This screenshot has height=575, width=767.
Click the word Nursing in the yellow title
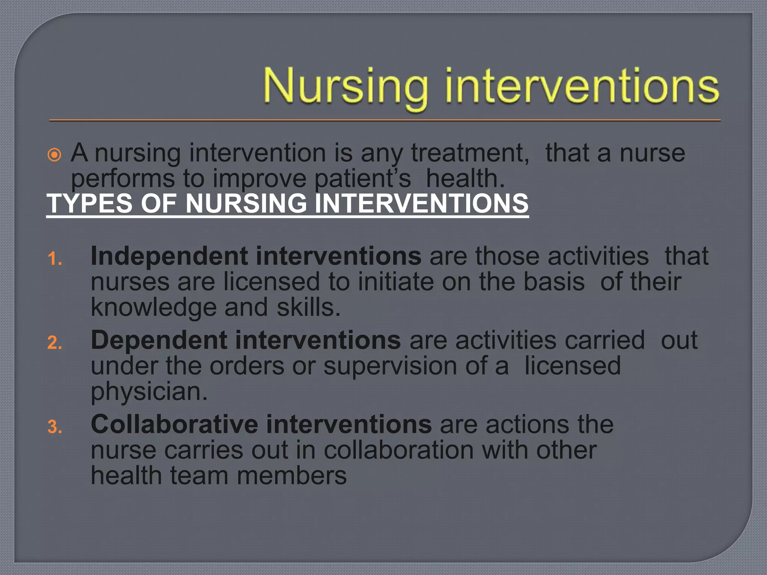pyautogui.click(x=345, y=87)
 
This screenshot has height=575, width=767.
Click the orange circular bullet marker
pyautogui.click(x=55, y=155)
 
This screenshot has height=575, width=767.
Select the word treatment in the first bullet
pyautogui.click(x=470, y=153)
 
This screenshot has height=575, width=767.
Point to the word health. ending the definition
pyautogui.click(x=465, y=179)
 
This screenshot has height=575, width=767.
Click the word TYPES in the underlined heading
pyautogui.click(x=90, y=203)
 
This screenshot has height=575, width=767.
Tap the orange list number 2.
pyautogui.click(x=55, y=343)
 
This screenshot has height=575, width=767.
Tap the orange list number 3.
pyautogui.click(x=55, y=427)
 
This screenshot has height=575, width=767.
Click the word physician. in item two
pyautogui.click(x=149, y=392)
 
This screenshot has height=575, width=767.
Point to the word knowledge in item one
pyautogui.click(x=154, y=308)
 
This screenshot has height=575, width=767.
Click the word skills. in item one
pyautogui.click(x=309, y=308)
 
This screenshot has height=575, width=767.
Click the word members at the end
pyautogui.click(x=292, y=476)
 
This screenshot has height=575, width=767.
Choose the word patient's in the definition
pyautogui.click(x=363, y=179)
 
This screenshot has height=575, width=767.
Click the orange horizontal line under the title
pyautogui.click(x=385, y=121)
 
